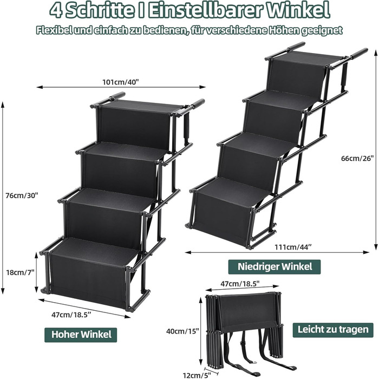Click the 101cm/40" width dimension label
121,82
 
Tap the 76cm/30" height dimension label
22,195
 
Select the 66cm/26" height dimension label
357,158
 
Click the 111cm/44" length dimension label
293,247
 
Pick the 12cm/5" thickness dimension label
197,375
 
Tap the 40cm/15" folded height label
182,331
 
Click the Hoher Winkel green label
81,335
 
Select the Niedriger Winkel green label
275,267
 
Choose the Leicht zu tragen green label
333,330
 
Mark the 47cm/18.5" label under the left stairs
71,315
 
